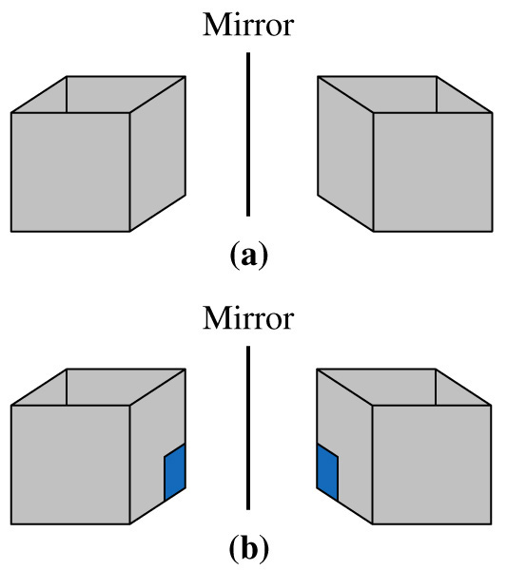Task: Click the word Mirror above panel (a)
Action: click(248, 25)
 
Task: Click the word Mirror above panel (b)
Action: click(248, 318)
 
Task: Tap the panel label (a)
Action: click(249, 256)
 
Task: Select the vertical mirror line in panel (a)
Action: click(248, 134)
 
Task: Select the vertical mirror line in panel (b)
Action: click(248, 427)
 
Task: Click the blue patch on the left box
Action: click(175, 472)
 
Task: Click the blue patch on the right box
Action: click(327, 472)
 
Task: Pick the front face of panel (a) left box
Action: click(70, 172)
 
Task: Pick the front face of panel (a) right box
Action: click(433, 172)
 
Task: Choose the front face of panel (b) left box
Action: click(70, 465)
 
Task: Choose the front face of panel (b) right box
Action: click(432, 465)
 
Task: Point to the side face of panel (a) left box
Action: click(158, 154)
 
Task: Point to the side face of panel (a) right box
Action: click(345, 154)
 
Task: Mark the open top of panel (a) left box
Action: click(98, 94)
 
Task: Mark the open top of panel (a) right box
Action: click(405, 94)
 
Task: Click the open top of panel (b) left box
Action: click(98, 388)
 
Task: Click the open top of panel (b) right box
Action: click(404, 388)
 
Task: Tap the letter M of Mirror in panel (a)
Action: click(216, 25)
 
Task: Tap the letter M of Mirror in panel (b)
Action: click(216, 318)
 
